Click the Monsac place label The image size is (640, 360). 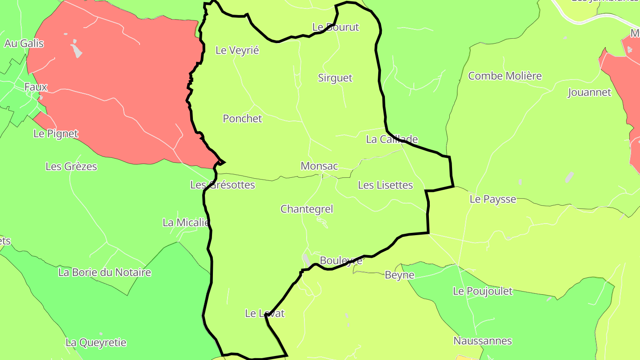click(319, 166)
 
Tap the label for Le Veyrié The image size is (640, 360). click(237, 50)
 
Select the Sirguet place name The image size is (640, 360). click(335, 78)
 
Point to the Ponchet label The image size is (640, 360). click(242, 119)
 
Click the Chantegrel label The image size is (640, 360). click(307, 209)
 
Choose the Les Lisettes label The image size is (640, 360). click(385, 185)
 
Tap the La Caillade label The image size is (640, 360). click(392, 139)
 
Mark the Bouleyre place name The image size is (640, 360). click(341, 260)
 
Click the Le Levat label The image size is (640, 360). click(264, 313)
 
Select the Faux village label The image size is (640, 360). click(36, 87)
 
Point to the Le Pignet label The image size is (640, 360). click(56, 133)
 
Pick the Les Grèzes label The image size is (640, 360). click(71, 167)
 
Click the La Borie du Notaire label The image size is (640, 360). click(104, 272)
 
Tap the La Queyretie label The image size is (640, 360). click(96, 343)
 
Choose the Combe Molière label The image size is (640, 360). click(505, 76)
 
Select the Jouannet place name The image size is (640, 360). click(589, 92)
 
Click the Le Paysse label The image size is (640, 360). click(493, 199)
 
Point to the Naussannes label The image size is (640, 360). click(482, 341)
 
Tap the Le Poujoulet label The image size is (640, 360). click(482, 291)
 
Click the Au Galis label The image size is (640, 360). click(24, 43)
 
